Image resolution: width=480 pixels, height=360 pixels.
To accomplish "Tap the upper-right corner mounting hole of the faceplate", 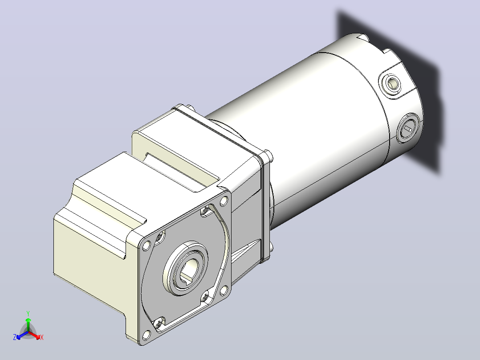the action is (x=224, y=201).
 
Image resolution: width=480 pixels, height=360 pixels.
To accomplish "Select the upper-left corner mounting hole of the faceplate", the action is (x=146, y=245).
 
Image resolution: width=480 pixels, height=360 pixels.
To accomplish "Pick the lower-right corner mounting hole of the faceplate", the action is (x=224, y=290).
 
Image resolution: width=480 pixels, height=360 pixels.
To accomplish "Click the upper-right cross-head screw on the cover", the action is (x=205, y=210).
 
